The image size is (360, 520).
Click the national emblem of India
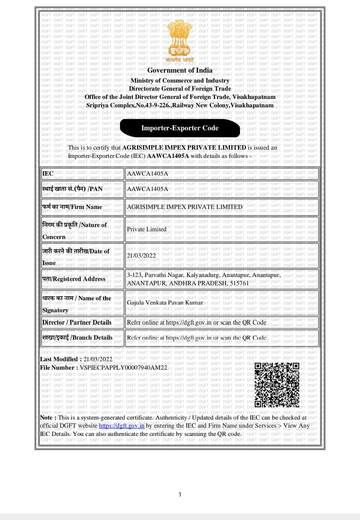click(180, 38)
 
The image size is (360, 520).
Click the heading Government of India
click(180, 70)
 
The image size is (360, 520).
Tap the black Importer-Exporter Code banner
click(180, 128)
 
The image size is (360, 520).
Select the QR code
click(277, 385)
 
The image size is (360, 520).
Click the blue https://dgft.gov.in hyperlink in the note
click(122, 426)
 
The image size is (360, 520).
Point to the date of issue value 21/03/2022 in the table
click(141, 256)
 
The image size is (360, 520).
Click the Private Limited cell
click(147, 229)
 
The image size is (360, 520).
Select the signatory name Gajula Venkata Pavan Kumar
click(165, 303)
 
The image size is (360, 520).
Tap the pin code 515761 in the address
click(239, 283)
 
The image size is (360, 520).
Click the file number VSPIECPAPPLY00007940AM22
click(123, 368)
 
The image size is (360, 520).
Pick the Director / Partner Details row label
click(77, 322)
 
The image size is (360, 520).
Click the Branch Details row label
click(77, 338)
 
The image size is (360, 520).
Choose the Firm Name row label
click(72, 207)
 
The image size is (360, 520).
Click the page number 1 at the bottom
click(180, 494)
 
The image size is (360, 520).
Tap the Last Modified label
click(59, 359)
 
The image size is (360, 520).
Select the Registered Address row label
click(74, 279)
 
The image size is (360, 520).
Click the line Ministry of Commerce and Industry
click(180, 81)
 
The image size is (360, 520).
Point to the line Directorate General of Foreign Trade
click(180, 89)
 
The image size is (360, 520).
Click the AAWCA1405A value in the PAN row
click(147, 189)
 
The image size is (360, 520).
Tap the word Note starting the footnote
click(46, 418)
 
